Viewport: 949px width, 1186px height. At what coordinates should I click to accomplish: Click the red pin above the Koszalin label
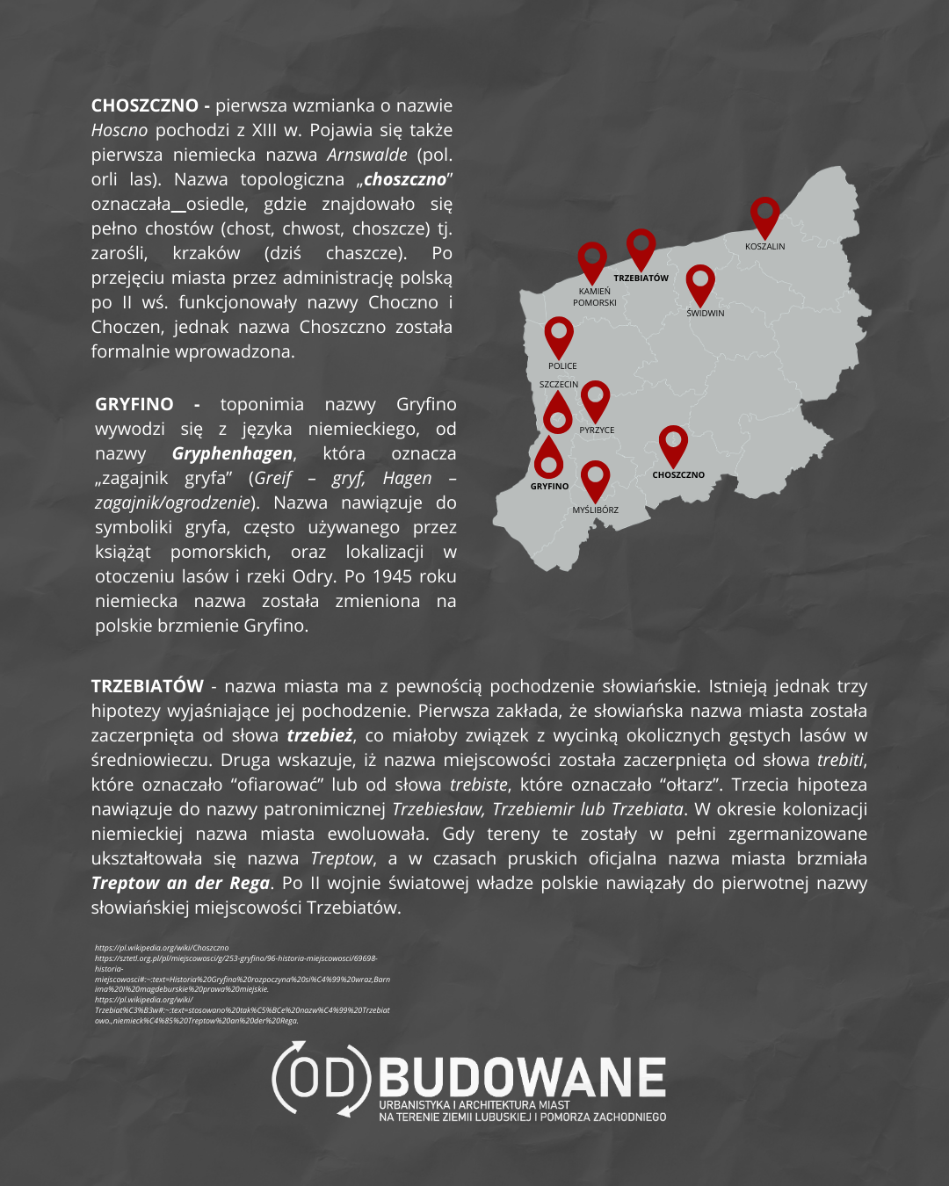(764, 214)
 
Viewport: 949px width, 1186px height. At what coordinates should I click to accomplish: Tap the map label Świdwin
(706, 314)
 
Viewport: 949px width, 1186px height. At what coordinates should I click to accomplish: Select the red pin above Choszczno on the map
(673, 444)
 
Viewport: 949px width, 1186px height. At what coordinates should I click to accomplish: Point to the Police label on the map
(562, 366)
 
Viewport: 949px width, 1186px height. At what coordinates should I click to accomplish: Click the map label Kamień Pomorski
(595, 297)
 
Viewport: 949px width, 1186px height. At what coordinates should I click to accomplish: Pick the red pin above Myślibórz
(595, 479)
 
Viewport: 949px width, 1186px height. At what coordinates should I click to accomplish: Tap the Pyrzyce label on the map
(597, 430)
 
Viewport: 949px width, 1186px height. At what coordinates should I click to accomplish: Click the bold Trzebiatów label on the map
(641, 278)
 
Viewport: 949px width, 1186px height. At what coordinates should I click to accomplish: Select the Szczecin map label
(559, 385)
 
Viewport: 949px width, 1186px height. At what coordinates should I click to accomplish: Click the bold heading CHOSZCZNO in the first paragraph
(145, 106)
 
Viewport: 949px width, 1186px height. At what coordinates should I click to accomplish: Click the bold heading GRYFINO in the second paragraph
(134, 405)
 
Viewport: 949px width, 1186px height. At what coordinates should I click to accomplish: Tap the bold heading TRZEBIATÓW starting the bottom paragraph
(148, 686)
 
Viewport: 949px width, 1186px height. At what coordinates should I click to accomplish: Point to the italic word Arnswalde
(367, 155)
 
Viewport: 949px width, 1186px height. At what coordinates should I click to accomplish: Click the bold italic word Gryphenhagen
(232, 454)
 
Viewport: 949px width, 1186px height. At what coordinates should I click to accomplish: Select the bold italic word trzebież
(320, 735)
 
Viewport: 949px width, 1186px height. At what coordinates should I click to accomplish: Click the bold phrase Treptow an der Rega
(180, 883)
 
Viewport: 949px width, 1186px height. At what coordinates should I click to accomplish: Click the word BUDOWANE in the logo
(522, 1077)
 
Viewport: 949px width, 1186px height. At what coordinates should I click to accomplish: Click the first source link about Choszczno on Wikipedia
(162, 948)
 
